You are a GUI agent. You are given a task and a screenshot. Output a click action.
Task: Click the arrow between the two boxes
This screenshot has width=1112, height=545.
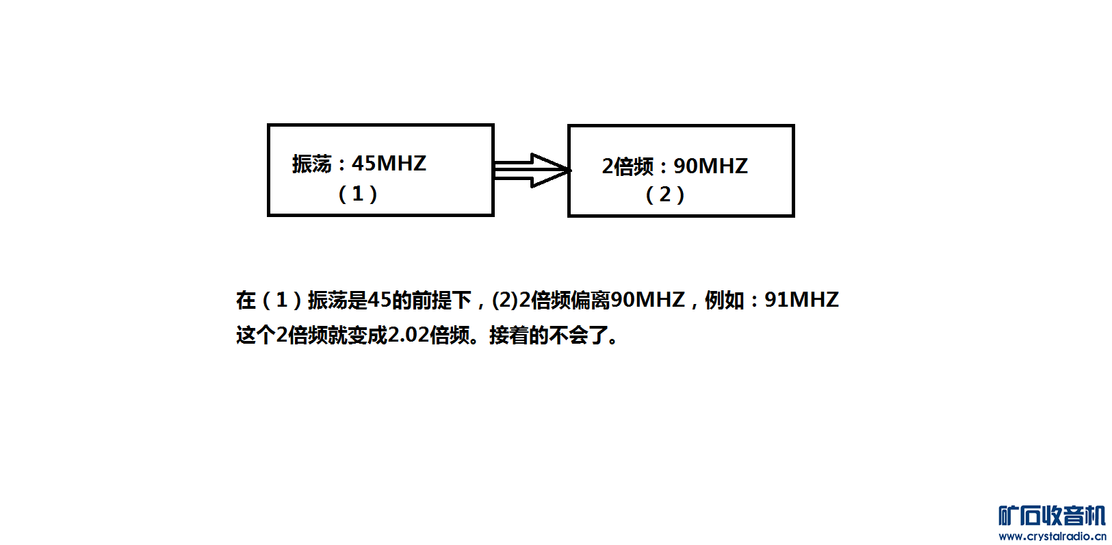tap(532, 170)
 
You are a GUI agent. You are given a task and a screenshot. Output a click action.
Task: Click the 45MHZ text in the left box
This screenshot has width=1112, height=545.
tap(389, 163)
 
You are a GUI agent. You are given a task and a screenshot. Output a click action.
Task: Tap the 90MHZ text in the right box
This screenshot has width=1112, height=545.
tap(710, 166)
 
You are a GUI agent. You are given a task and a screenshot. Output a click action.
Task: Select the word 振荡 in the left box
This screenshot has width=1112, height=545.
tap(311, 164)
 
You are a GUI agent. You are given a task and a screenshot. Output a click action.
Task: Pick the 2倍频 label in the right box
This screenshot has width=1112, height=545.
tap(628, 166)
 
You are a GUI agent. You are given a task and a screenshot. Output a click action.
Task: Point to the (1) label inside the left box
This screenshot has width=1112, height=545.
tap(357, 194)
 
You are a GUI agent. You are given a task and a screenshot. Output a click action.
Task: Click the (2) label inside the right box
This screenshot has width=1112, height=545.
tap(664, 194)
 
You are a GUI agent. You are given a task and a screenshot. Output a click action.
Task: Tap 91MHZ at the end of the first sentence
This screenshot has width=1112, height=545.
tap(801, 300)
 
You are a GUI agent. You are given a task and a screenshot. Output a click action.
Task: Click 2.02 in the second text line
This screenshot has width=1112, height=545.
tap(409, 335)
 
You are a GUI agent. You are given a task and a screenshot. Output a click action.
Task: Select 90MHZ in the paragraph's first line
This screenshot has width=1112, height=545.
tap(647, 300)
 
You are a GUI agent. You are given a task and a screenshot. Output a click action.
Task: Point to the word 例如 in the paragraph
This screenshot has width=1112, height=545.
tap(724, 300)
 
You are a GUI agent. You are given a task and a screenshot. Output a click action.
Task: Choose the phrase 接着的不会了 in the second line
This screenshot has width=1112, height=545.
tap(548, 335)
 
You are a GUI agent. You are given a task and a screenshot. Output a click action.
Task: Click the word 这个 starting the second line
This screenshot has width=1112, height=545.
tap(255, 335)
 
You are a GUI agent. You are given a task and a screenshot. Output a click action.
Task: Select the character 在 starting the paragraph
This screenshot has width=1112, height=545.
tap(246, 300)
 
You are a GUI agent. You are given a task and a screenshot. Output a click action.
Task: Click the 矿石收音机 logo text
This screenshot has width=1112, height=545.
tap(1052, 516)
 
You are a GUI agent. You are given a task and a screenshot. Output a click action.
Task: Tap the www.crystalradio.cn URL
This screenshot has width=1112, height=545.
tap(1052, 536)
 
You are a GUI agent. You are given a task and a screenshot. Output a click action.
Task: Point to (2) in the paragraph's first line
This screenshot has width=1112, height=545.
tap(505, 300)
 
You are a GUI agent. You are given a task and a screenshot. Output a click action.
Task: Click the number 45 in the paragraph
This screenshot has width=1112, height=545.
tap(379, 300)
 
